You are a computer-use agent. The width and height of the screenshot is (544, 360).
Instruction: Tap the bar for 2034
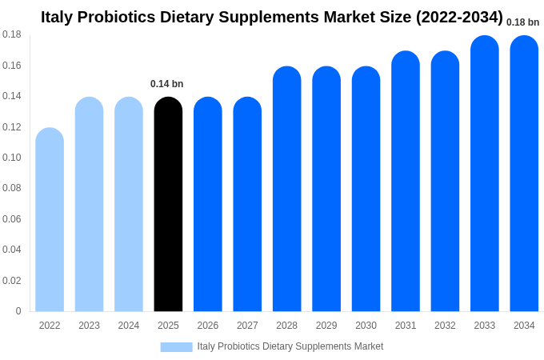click(x=524, y=174)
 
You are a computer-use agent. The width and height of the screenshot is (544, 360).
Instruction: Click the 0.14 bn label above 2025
click(x=167, y=84)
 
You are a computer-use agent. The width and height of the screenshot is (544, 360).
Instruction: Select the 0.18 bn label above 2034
click(x=522, y=22)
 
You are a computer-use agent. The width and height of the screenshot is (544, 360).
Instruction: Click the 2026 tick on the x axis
click(x=208, y=326)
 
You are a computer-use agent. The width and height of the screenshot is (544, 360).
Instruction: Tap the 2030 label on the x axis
click(x=366, y=326)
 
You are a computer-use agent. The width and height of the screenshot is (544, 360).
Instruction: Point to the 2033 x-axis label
click(x=484, y=326)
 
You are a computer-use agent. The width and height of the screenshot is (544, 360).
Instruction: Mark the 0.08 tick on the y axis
click(x=12, y=188)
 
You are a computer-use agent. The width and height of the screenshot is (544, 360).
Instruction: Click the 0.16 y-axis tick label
click(x=12, y=66)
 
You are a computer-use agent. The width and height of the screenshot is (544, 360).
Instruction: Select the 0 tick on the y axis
click(x=18, y=311)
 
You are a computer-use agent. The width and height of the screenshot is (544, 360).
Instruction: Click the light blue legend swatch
click(x=176, y=346)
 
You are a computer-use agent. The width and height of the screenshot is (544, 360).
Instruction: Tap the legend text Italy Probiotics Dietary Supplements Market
click(x=290, y=346)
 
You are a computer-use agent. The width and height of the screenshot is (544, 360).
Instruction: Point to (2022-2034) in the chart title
click(x=459, y=17)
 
